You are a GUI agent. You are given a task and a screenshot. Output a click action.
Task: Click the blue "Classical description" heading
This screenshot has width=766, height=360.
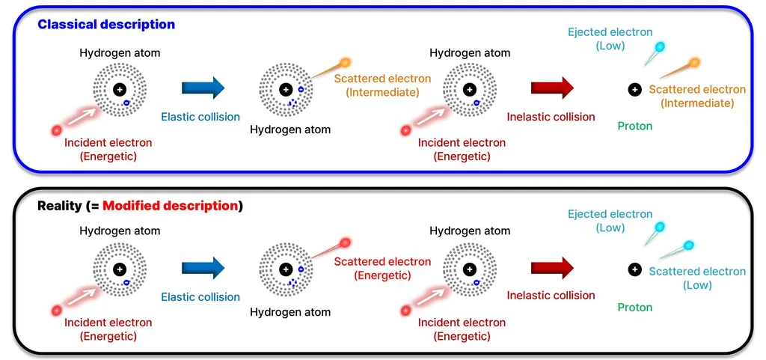[106, 25]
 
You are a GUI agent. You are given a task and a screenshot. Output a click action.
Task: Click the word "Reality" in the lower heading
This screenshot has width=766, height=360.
[60, 206]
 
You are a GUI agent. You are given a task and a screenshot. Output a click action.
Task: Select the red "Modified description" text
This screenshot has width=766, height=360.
[171, 206]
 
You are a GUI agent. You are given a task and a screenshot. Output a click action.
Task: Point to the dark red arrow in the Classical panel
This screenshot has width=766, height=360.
[551, 88]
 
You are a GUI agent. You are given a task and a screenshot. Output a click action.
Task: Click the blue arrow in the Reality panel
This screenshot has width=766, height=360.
[203, 268]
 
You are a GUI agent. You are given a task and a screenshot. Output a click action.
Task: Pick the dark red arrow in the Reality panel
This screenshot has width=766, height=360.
[551, 268]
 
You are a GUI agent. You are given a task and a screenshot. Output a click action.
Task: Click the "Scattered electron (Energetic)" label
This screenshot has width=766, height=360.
[382, 268]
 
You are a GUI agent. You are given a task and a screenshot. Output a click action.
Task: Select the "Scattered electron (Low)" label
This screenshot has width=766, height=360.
[696, 278]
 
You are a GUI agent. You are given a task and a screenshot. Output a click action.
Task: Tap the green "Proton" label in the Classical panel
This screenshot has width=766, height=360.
[634, 126]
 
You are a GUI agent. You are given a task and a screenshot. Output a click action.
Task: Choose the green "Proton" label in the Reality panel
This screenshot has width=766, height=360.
[634, 307]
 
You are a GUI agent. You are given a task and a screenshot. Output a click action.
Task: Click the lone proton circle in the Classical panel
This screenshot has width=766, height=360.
[634, 90]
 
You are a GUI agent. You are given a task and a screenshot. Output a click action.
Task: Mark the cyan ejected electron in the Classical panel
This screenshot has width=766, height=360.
[660, 47]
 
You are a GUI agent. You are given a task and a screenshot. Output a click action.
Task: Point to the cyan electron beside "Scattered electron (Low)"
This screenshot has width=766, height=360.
[689, 245]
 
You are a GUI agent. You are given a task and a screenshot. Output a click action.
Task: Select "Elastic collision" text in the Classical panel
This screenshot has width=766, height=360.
[200, 117]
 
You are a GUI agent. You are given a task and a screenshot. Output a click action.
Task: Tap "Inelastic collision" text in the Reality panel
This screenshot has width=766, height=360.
[551, 295]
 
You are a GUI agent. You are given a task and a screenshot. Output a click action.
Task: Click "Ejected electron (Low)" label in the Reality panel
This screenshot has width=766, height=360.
[610, 221]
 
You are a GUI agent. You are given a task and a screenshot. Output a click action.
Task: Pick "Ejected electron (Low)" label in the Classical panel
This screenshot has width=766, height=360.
[610, 39]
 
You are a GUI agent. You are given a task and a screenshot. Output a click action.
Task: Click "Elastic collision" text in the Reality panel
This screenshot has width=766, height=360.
[200, 297]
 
